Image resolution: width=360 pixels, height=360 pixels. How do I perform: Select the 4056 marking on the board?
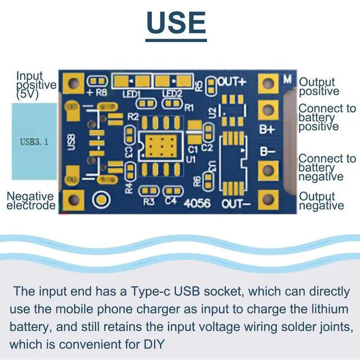pyautogui.click(x=196, y=202)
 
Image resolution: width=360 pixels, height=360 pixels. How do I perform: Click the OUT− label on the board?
pyautogui.click(x=236, y=202)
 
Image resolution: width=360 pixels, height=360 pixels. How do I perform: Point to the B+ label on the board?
pyautogui.click(x=266, y=129)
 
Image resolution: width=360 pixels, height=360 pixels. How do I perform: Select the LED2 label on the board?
pyautogui.click(x=172, y=93)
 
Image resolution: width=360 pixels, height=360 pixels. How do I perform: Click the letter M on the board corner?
pyautogui.click(x=287, y=79)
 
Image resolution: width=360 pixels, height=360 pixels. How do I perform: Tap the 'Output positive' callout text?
pyautogui.click(x=319, y=87)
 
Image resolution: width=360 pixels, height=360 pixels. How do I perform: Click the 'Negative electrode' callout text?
pyautogui.click(x=30, y=201)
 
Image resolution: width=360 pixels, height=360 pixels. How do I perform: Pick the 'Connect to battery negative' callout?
pyautogui.click(x=327, y=168)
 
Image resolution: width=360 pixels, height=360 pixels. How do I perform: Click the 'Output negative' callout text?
pyautogui.click(x=321, y=201)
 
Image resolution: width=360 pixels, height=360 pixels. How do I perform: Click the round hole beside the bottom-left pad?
pyautogui.click(x=102, y=198)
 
